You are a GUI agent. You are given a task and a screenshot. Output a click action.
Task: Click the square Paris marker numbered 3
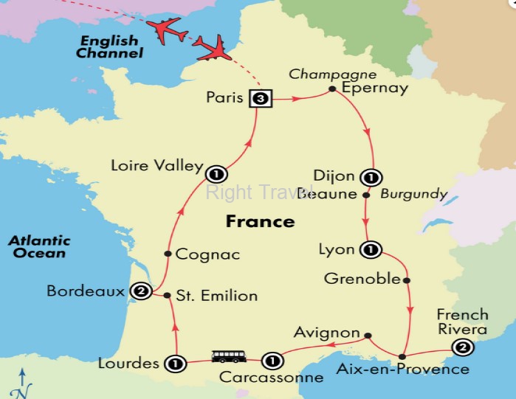pos(260,97)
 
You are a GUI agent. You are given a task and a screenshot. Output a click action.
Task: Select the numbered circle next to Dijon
pos(370,177)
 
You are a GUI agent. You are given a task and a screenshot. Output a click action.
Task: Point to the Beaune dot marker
pos(365,195)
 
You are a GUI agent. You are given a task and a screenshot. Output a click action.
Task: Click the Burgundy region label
pos(414,195)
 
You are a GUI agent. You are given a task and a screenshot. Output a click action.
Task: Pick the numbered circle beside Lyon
pos(368,250)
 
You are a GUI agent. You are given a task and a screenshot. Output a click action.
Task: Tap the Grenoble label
pos(362,280)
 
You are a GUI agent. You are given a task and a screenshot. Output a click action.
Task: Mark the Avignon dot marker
pos(367,333)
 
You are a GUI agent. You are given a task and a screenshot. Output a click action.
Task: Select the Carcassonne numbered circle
pos(272,361)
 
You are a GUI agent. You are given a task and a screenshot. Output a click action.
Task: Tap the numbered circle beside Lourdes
pos(175,363)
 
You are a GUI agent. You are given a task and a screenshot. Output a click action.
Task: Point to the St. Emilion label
pos(219,296)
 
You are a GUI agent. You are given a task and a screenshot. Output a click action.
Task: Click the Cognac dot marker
pos(168,254)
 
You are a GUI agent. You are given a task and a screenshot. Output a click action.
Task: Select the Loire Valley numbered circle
pos(216,175)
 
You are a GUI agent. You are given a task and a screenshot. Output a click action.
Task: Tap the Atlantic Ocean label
pos(39,246)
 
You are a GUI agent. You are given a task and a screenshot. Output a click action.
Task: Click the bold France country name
pos(260,221)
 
